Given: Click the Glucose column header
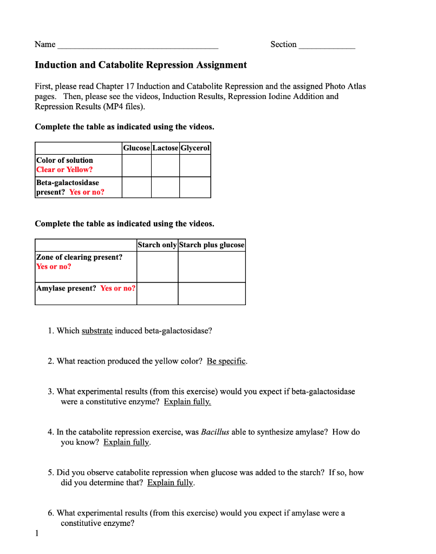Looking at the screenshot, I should click(x=136, y=148).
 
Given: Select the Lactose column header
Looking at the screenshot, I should click(x=165, y=148).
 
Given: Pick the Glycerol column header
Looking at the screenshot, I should click(x=195, y=148).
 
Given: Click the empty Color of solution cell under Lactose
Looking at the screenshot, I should click(x=165, y=166).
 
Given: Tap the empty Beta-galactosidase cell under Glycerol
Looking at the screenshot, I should click(x=195, y=187).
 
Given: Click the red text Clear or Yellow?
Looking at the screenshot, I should click(x=64, y=170).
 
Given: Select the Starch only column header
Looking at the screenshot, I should click(x=157, y=245).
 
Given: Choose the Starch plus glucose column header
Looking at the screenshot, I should click(x=212, y=245).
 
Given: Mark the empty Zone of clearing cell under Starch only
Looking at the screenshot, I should click(x=157, y=267).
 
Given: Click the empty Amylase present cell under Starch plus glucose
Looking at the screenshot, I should click(x=212, y=293).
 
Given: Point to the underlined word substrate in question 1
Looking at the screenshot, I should click(x=97, y=331).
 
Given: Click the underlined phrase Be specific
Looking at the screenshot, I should click(x=226, y=361).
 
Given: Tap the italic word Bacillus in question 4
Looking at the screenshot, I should click(x=215, y=432).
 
